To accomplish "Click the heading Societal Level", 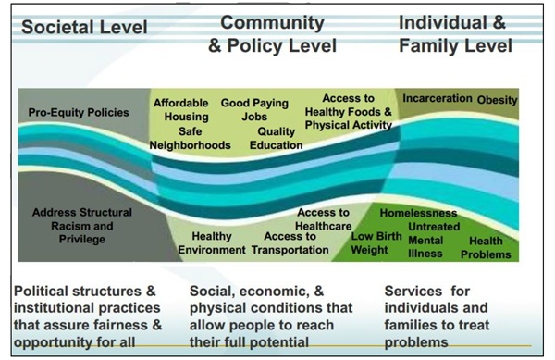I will [84, 27].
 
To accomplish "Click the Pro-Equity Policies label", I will [79, 112].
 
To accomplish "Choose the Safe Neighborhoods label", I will [192, 138].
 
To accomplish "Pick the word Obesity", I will [498, 99].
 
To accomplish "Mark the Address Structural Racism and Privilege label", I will [81, 226].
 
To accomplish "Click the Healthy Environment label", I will [212, 242].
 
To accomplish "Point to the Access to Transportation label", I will [290, 242].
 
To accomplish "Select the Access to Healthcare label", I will [323, 218].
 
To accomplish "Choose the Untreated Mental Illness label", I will [434, 238].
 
